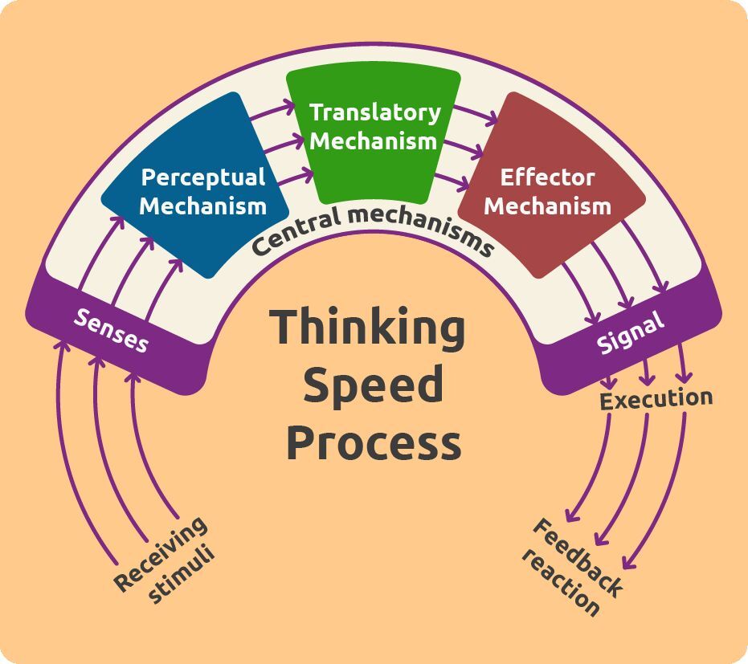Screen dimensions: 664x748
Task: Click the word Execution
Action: coord(656,399)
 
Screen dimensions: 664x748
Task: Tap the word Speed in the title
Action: coord(373,385)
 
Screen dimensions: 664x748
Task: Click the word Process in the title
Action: coord(374,442)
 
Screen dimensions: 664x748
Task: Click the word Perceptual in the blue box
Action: coord(203,177)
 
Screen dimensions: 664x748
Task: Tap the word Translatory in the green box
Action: coord(375,112)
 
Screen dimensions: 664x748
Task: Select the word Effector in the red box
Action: coord(548,177)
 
